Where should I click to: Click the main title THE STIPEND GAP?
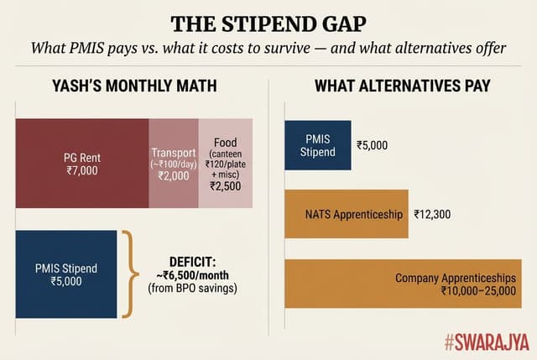tap(268, 23)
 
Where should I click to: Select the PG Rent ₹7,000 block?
tap(82, 164)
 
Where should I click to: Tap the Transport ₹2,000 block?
tap(173, 164)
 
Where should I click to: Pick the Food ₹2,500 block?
tap(226, 164)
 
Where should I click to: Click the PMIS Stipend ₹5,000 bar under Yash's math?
tap(66, 274)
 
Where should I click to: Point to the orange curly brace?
tap(128, 274)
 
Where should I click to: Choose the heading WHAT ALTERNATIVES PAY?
tap(402, 86)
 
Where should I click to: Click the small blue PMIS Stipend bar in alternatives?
tap(318, 145)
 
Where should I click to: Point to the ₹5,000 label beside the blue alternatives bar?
tap(373, 145)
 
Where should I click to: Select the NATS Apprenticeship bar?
tap(346, 214)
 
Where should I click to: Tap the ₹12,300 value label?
tap(432, 214)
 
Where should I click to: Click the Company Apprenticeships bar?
tap(403, 284)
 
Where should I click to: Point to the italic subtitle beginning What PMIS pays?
tap(268, 49)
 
